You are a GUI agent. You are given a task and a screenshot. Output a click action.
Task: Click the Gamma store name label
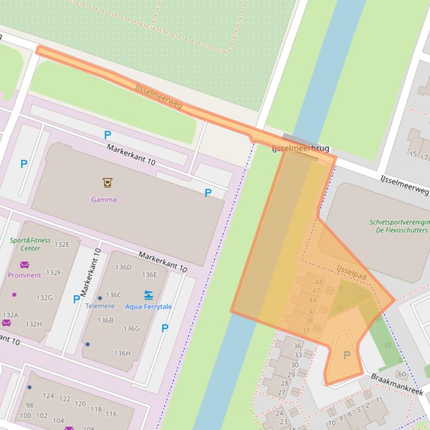pos(104,199)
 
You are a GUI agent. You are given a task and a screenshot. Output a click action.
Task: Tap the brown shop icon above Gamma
pos(107,182)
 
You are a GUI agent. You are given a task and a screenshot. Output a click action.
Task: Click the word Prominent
pos(25,275)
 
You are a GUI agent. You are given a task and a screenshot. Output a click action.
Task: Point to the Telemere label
pos(100,306)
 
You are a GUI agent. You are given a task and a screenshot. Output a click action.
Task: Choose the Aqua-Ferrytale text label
pos(149,307)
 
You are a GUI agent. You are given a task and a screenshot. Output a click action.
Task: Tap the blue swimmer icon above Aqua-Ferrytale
pos(149,295)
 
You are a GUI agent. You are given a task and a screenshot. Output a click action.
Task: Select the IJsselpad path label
pos(351,273)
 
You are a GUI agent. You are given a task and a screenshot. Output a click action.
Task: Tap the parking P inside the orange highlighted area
pos(347,356)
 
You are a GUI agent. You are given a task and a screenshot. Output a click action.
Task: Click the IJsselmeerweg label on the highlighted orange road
pos(159,97)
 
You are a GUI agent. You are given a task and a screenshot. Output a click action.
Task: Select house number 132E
pos(62,244)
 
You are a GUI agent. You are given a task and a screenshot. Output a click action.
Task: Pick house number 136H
pos(122,353)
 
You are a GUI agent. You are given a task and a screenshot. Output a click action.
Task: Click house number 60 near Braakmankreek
pos(402,374)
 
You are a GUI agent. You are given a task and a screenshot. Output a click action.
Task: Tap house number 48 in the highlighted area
pos(318,283)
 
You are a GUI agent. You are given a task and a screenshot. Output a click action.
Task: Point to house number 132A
pos(11,315)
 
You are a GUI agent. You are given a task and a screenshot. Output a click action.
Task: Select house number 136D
pos(123,267)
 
